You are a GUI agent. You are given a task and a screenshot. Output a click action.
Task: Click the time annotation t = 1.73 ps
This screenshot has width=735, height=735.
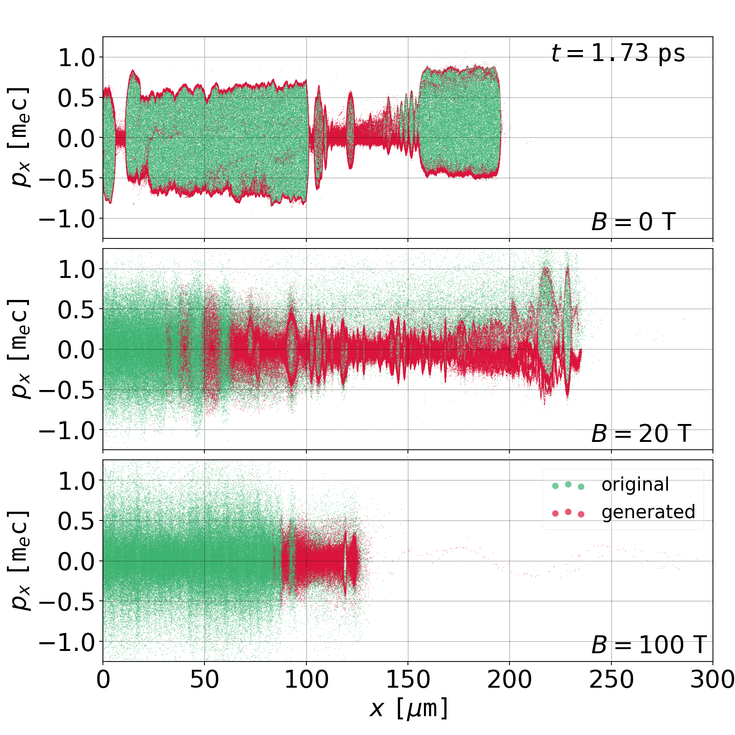pos(618,53)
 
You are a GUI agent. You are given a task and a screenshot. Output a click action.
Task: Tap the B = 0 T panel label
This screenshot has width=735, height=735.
pos(633,222)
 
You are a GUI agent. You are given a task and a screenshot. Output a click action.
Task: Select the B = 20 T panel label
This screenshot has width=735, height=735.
pos(641,434)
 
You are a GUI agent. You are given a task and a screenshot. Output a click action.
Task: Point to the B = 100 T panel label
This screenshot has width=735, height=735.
pos(648,645)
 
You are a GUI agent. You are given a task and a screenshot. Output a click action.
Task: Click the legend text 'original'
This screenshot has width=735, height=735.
pos(635,485)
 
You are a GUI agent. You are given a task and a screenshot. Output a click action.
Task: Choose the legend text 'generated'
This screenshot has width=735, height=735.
pos(648,512)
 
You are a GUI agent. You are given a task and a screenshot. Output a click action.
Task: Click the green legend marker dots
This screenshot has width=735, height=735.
pos(568,485)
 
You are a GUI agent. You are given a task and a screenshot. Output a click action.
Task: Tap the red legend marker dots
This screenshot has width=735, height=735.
pos(568,513)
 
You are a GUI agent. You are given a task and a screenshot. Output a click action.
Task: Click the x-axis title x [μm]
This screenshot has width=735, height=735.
pos(408,708)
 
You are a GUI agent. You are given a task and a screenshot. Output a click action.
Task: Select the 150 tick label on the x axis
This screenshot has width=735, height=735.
pos(408,679)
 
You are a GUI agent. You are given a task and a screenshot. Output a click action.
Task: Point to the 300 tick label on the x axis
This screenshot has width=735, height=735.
pos(712,679)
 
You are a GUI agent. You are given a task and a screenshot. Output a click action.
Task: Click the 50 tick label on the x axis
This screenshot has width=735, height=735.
pos(204,679)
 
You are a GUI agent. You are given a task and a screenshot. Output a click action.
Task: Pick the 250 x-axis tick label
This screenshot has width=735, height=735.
pos(611,679)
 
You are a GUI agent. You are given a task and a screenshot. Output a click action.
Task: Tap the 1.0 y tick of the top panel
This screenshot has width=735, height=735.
pos(76,58)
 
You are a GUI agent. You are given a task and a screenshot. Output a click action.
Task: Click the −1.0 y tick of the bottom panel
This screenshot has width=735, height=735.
pos(67,642)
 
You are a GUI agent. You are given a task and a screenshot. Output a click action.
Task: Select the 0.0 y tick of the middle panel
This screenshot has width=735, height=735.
pos(76,350)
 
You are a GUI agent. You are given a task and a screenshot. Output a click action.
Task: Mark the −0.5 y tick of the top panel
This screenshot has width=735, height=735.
pos(67,179)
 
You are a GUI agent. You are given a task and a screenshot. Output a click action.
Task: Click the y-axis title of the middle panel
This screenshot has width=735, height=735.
pos(19,349)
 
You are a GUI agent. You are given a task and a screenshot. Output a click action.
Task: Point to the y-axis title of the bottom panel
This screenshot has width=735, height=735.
pos(19,560)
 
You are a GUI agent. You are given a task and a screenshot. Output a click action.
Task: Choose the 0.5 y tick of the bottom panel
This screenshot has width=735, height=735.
pos(76,521)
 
